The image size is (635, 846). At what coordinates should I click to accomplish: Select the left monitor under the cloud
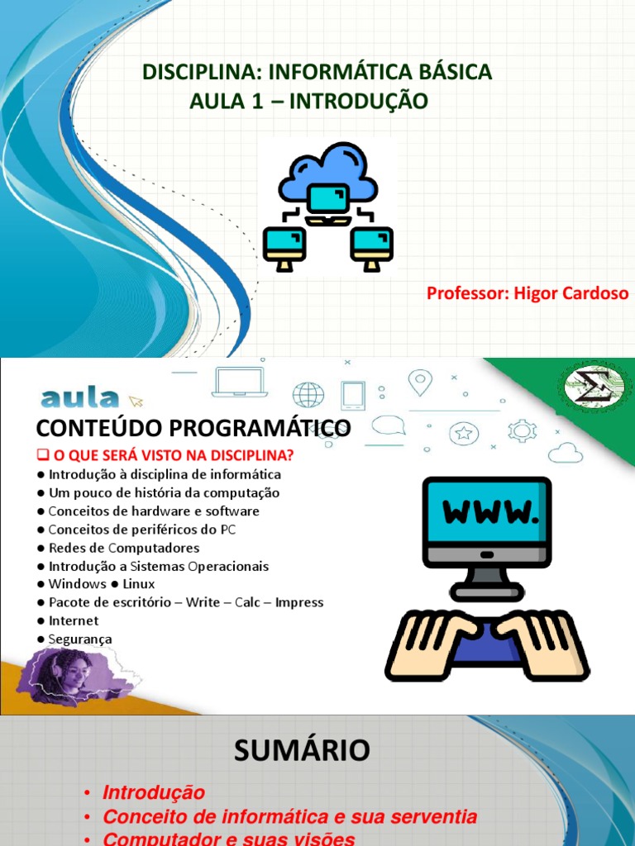pos(284,246)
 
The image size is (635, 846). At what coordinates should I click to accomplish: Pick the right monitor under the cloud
pos(371,246)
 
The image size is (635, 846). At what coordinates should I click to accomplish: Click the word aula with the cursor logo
pos(79,399)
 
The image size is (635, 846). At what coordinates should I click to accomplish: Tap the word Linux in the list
pos(138,584)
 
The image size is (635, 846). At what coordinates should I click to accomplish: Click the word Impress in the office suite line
pos(299,602)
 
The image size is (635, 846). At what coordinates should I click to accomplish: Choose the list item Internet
pos(73,620)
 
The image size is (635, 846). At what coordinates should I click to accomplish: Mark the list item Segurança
pos(79,639)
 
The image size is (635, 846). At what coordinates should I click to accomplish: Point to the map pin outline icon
pos(421,382)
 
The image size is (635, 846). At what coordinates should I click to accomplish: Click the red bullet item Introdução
pos(153,792)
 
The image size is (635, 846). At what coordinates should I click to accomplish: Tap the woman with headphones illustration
pos(64,673)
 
